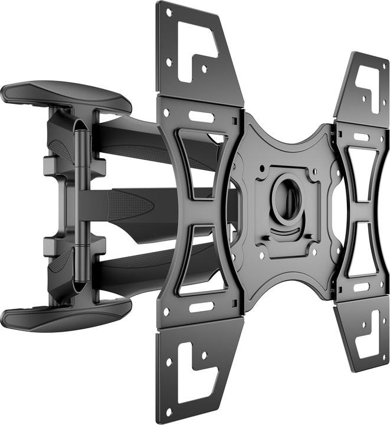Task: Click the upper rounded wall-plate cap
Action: click(65, 96)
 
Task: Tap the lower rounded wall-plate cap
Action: click(65, 313)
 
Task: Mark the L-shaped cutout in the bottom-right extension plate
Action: click(365, 334)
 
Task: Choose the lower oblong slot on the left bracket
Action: click(201, 307)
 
